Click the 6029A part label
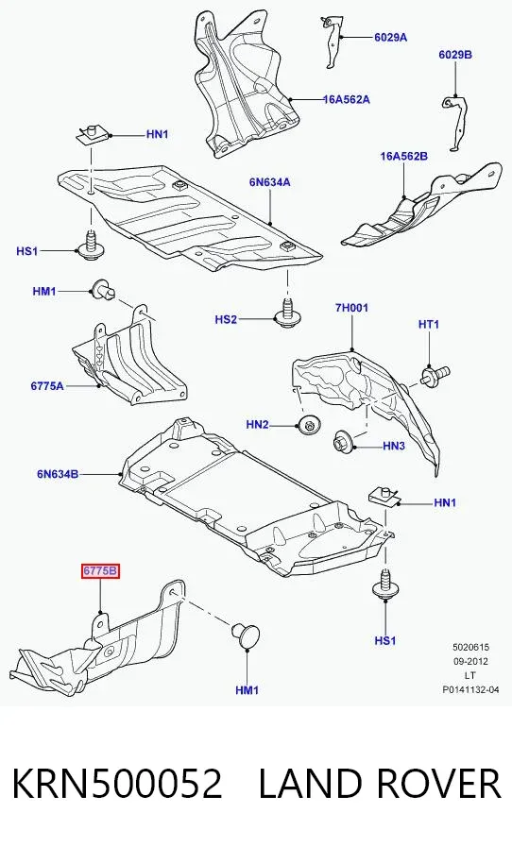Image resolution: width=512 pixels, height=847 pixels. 390,37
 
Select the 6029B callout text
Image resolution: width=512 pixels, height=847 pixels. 455,55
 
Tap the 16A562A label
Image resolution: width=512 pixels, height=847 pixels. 347,99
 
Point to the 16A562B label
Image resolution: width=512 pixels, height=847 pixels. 404,156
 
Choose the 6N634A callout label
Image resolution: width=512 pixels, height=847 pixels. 270,182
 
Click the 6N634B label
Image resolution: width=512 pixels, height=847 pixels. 58,474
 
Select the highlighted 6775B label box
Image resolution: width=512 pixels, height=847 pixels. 100,571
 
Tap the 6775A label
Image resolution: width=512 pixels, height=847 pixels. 47,385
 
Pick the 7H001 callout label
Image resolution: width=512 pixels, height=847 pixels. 351,308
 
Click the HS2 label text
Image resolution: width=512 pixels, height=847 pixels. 226,320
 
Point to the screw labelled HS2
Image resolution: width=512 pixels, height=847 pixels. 285,313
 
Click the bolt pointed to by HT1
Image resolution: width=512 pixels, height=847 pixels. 435,374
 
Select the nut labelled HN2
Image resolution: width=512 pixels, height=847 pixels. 309,425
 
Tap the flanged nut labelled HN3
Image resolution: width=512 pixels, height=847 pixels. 343,440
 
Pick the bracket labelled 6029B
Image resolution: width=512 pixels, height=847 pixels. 455,123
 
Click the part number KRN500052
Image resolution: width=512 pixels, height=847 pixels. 117,784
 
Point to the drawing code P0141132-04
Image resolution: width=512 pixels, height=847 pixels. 470,689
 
